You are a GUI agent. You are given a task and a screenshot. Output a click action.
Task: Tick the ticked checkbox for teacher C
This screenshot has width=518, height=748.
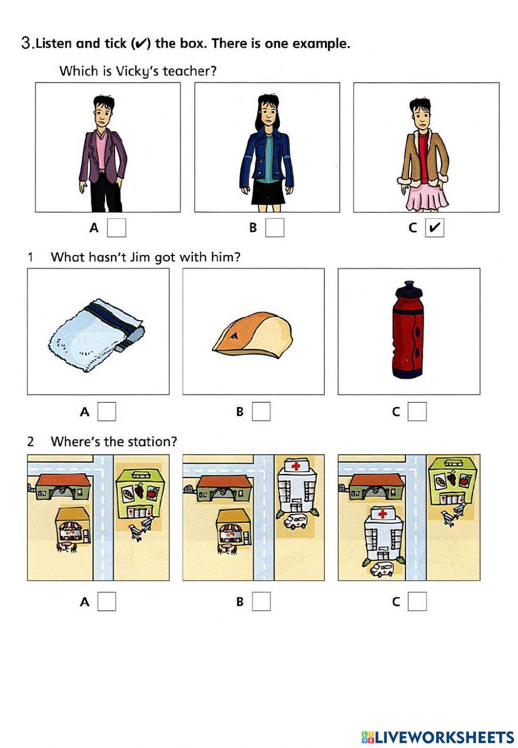[x=435, y=228]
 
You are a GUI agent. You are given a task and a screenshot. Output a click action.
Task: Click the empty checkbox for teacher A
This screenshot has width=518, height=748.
[x=117, y=228]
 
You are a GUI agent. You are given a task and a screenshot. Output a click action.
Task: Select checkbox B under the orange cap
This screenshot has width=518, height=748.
[x=261, y=412]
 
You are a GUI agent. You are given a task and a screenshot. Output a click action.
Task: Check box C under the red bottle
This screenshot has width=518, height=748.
[x=417, y=412]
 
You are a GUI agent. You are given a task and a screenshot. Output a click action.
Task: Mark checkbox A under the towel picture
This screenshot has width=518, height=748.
[x=107, y=412]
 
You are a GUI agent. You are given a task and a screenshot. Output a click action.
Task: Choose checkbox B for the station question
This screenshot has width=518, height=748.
[x=261, y=601]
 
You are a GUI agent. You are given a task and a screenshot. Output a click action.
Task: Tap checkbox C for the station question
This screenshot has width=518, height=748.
[x=417, y=601]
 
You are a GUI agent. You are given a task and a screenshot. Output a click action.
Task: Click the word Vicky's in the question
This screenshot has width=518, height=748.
[x=137, y=71]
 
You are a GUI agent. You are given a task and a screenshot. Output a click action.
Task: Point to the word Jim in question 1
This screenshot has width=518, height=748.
[x=139, y=257]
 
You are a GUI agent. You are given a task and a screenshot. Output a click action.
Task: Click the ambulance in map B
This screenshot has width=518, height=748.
[x=295, y=521]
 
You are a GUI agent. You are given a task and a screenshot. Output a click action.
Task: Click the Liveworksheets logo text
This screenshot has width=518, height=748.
[x=443, y=737]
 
